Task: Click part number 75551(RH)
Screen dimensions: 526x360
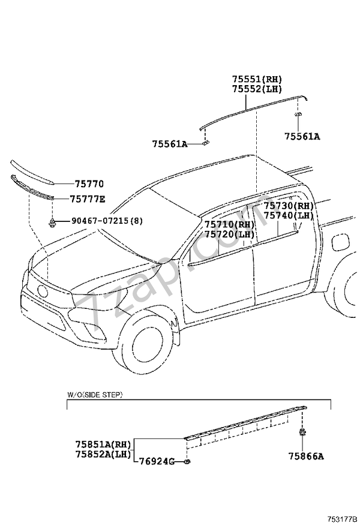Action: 257,79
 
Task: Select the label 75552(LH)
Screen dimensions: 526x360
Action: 257,89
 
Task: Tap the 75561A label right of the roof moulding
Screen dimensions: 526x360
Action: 302,137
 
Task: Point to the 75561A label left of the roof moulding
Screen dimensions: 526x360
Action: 169,144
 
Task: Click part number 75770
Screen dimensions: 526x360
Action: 89,184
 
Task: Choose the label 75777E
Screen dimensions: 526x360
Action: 87,199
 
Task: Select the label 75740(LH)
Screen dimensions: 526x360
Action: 288,215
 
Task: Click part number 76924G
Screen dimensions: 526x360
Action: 157,461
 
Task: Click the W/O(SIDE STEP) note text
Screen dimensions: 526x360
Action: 94,395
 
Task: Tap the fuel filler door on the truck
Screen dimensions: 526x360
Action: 338,242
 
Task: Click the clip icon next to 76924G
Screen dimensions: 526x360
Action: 188,461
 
